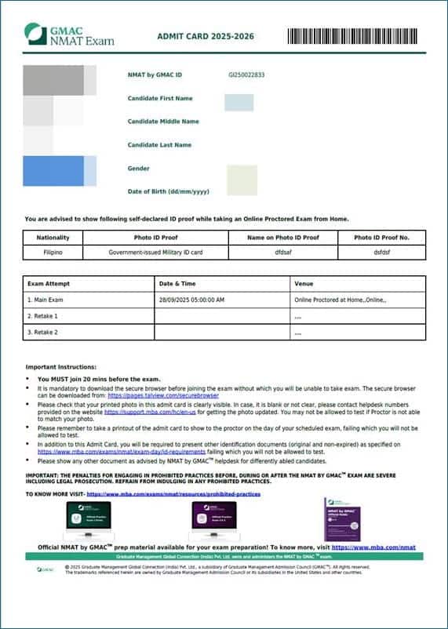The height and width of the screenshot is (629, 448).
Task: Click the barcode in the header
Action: (x=355, y=35)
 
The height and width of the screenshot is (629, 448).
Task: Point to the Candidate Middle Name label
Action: (x=163, y=122)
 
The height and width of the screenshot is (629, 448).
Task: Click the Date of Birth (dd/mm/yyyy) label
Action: (x=169, y=191)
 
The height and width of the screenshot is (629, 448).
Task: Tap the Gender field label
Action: (x=139, y=169)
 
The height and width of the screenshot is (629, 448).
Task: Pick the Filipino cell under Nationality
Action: (x=53, y=253)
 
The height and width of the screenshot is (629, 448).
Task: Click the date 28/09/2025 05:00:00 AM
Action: (x=191, y=300)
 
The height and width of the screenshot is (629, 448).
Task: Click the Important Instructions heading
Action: (x=61, y=366)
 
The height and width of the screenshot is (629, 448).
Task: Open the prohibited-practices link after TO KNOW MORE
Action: (x=173, y=494)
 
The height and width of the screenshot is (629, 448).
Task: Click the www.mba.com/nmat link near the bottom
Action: (x=373, y=547)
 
